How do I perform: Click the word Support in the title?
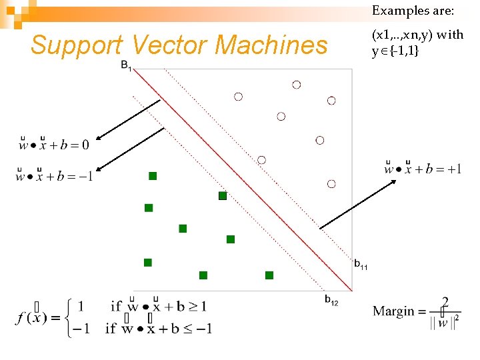point(76,45)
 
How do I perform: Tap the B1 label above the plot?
point(126,65)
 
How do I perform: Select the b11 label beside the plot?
point(361,265)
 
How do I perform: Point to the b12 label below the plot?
point(331,301)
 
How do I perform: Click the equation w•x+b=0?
point(53,143)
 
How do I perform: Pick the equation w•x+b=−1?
point(55,176)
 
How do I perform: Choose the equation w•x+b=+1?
point(423,168)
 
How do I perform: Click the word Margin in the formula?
point(393,311)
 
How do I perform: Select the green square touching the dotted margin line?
point(223,196)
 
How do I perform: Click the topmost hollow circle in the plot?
point(296,85)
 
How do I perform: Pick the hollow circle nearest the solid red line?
point(261,160)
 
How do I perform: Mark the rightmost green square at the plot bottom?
point(269,275)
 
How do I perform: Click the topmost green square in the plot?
point(153,176)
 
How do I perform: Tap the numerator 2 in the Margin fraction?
point(445,301)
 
